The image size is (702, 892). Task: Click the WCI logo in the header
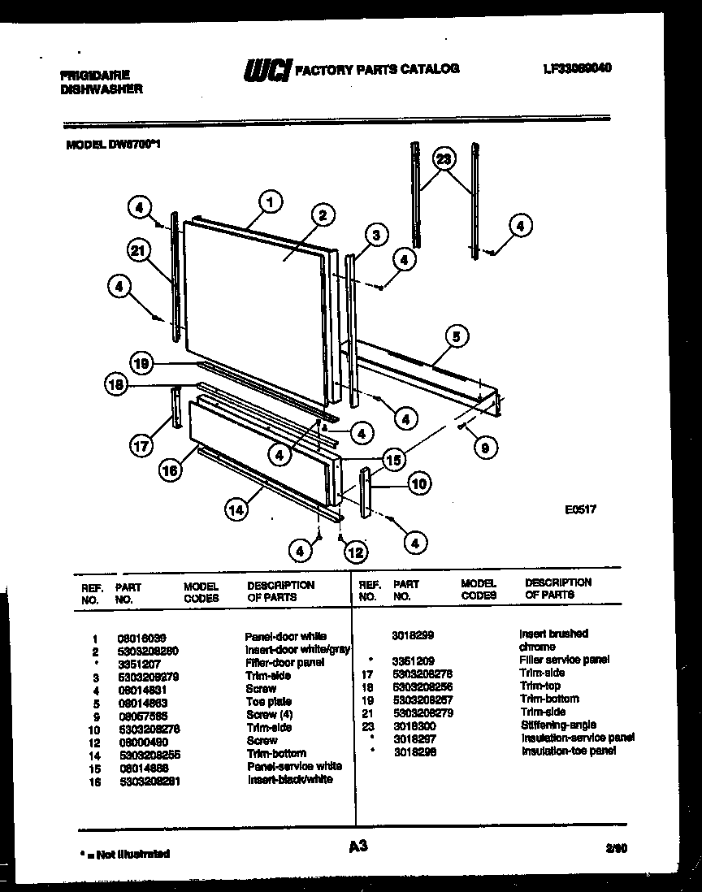click(x=266, y=71)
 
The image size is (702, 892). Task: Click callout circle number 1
click(x=271, y=201)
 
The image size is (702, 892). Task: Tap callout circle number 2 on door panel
click(x=322, y=215)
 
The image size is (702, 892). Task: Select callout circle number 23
click(x=442, y=159)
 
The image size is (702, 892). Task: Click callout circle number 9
click(x=485, y=444)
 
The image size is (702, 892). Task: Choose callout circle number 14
click(x=236, y=510)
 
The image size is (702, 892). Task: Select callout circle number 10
click(x=418, y=484)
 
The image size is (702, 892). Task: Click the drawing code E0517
click(x=580, y=511)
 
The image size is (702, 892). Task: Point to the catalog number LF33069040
click(x=576, y=69)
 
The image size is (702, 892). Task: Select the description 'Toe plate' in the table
click(x=268, y=701)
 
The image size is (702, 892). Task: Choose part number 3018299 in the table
click(x=414, y=634)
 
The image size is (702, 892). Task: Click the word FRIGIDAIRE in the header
click(x=95, y=74)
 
